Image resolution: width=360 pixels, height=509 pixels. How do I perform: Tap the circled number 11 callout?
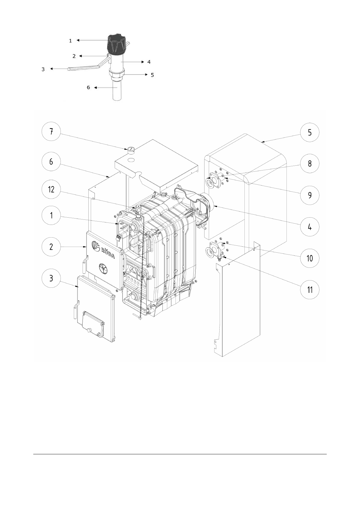pyautogui.click(x=310, y=290)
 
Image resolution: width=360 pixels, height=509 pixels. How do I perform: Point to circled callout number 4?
pyautogui.click(x=310, y=227)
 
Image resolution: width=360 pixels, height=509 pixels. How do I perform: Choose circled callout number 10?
pyautogui.click(x=310, y=258)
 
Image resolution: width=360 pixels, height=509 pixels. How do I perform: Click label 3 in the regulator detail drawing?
pyautogui.click(x=43, y=69)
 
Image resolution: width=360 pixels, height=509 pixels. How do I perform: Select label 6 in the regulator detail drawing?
pyautogui.click(x=88, y=87)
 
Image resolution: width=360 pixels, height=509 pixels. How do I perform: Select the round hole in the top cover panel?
pyautogui.click(x=132, y=159)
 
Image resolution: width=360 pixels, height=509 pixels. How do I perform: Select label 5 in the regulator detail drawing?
pyautogui.click(x=152, y=75)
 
